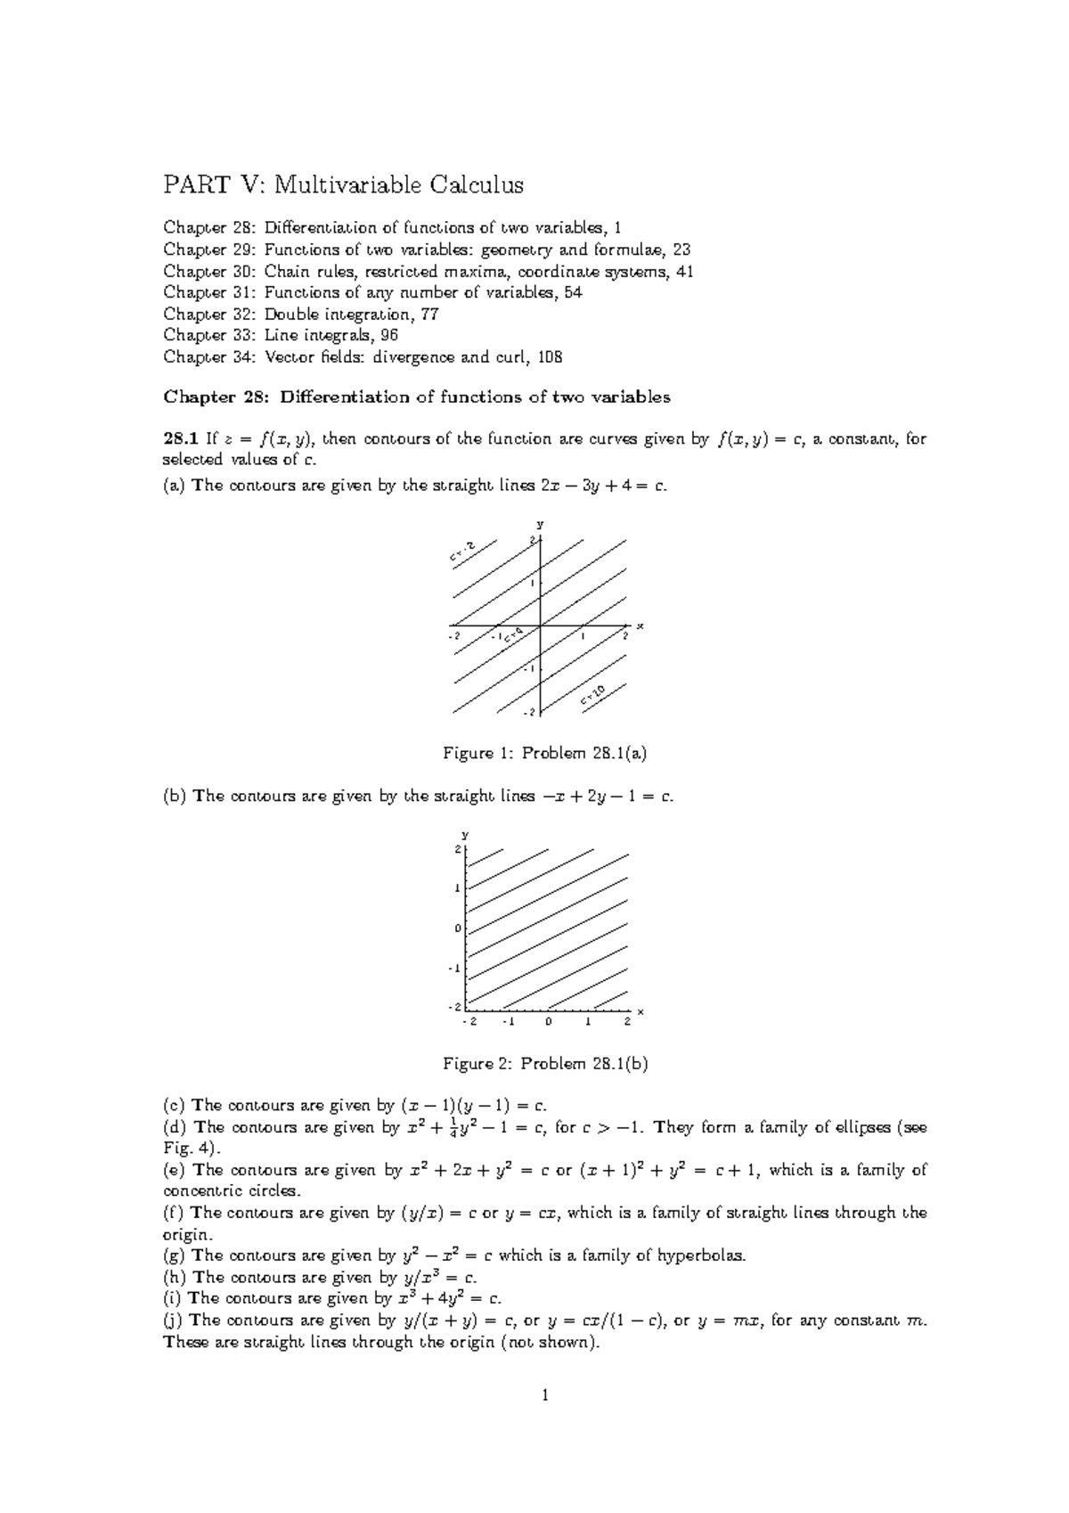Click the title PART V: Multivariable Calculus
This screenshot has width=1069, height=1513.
point(343,185)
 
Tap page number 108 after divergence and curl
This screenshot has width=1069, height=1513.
point(551,357)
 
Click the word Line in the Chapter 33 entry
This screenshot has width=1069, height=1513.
point(281,336)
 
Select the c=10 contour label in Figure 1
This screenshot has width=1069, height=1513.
point(593,696)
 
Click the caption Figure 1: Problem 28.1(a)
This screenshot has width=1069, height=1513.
point(544,754)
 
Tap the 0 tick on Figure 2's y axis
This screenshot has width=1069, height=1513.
point(458,928)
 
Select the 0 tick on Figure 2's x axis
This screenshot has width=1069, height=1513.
point(550,1022)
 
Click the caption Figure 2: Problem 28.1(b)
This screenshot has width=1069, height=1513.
point(544,1064)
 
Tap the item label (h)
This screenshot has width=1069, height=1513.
point(175,1278)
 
